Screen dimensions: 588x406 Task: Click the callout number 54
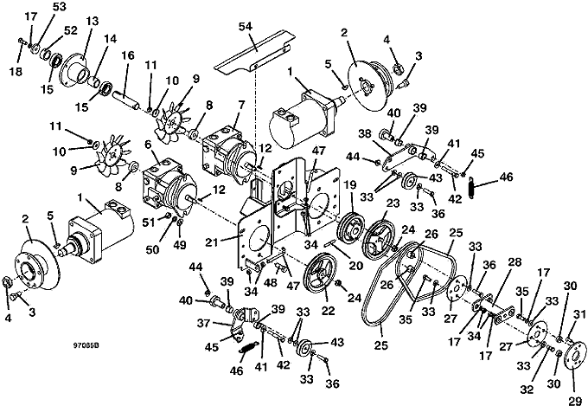coord(246,27)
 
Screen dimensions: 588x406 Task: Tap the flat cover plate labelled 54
coord(254,55)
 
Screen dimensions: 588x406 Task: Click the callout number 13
coord(92,22)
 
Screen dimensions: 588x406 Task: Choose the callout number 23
coord(393,203)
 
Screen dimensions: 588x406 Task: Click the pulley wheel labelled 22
coord(322,271)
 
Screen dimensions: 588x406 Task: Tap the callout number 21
coord(212,243)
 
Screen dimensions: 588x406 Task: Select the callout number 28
coord(514,261)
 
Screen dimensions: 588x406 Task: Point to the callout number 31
coord(579,314)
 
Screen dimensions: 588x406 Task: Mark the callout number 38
coord(365,133)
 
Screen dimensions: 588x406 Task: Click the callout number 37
coord(203,323)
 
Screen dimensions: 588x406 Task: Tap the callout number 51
coord(149,222)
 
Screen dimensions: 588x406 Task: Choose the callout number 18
coord(16,71)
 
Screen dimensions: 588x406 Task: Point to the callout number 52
coord(70,30)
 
